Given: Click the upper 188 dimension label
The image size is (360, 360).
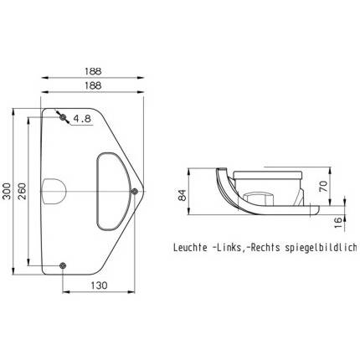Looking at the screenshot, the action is click(93, 71).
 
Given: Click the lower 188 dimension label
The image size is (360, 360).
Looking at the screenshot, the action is click(93, 85).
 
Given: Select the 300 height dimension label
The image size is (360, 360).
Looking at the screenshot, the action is click(7, 191).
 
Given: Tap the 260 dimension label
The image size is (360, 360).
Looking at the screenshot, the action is click(22, 191).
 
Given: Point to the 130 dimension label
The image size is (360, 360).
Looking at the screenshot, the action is click(99, 285).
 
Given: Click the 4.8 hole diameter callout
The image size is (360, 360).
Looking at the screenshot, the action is click(82, 119).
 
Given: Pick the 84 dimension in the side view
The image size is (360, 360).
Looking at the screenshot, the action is click(182, 195).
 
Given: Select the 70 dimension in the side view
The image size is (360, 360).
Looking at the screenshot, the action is click(323, 186).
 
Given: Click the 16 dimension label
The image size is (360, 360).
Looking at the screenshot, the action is click(338, 223).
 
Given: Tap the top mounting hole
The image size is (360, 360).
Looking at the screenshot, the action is click(63, 117).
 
